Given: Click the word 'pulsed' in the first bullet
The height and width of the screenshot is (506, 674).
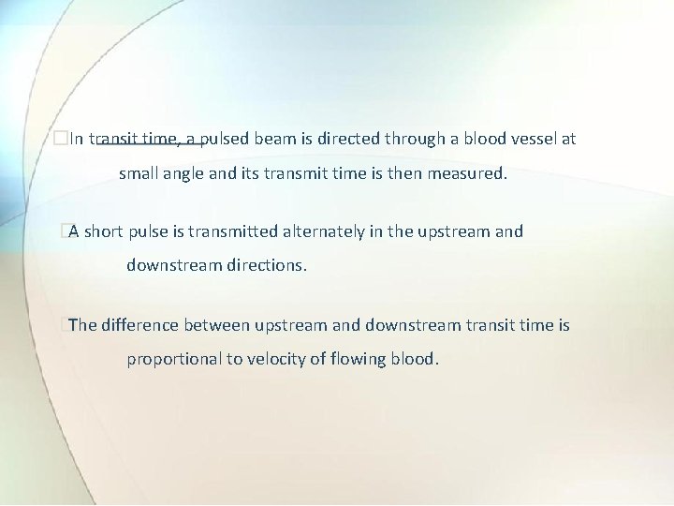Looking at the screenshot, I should point(227,140).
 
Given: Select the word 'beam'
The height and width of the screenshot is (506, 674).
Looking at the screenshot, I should point(275,140).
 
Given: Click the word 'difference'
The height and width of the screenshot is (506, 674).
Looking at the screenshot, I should point(139,325).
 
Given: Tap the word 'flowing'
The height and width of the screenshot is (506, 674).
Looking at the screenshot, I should point(357,359).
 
